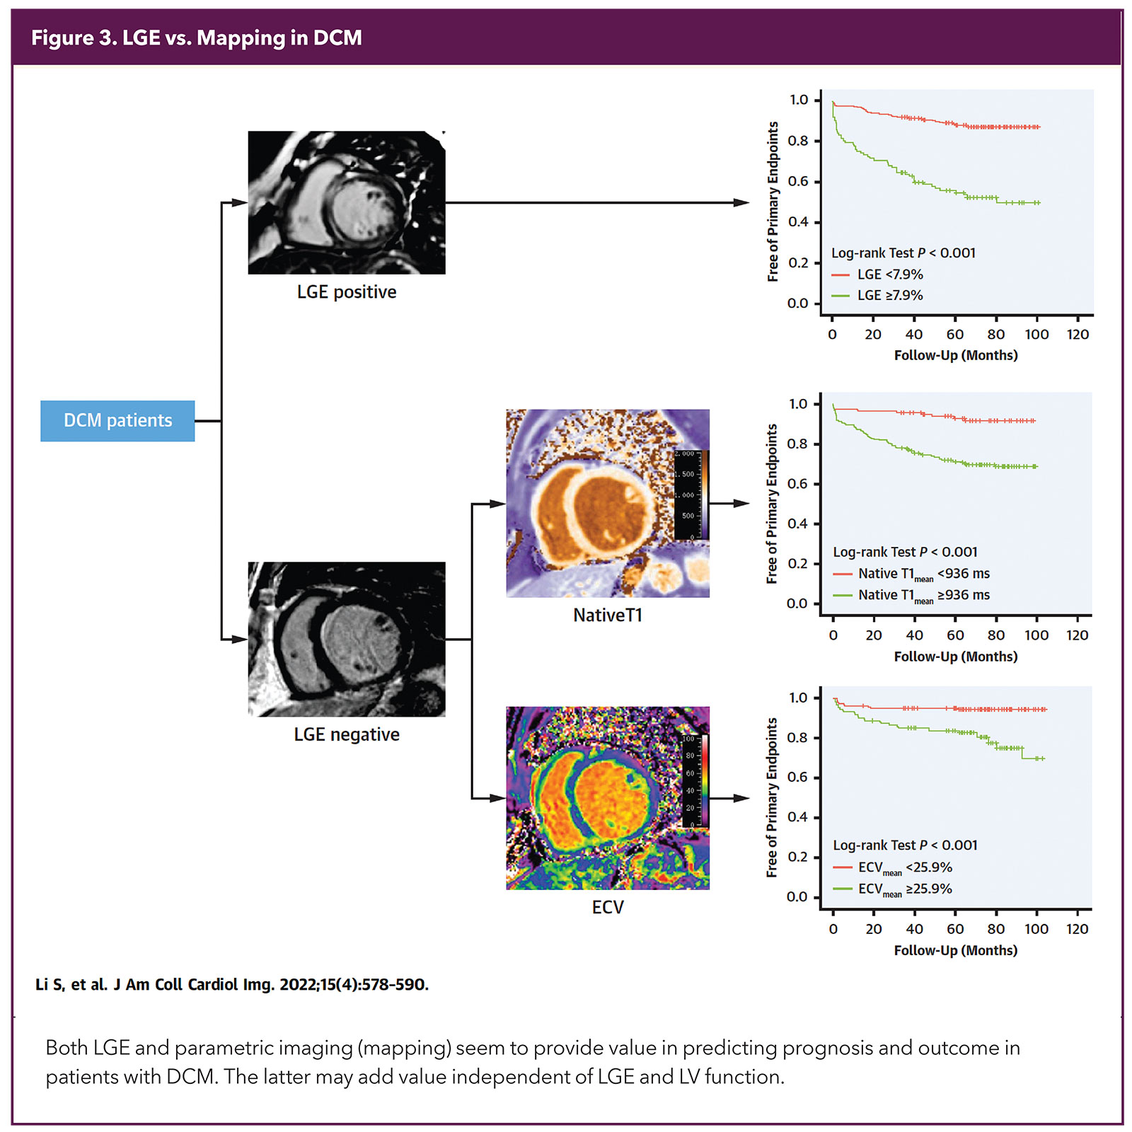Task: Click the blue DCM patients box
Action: point(117,421)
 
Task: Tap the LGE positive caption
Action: point(347,292)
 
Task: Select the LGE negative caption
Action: point(347,734)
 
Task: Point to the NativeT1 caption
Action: point(608,616)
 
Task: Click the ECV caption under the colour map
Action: point(608,907)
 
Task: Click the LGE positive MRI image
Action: point(347,202)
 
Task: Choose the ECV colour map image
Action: point(608,798)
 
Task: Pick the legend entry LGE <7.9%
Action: point(889,275)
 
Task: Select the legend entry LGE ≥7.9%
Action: point(889,296)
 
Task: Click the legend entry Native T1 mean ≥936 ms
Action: point(923,596)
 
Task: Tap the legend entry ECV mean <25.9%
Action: point(905,868)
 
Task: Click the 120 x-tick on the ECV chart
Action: point(1077,929)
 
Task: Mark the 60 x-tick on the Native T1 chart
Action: point(955,635)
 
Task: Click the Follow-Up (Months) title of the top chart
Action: point(956,355)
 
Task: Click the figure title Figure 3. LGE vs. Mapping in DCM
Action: point(197,38)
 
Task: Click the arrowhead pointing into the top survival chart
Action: point(742,203)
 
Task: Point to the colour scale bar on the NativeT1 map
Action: point(705,495)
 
